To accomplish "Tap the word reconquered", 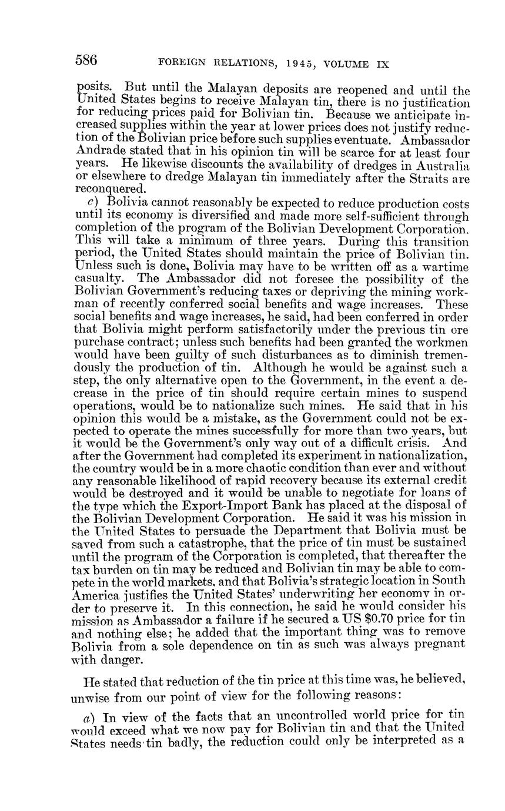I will point(109,190).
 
